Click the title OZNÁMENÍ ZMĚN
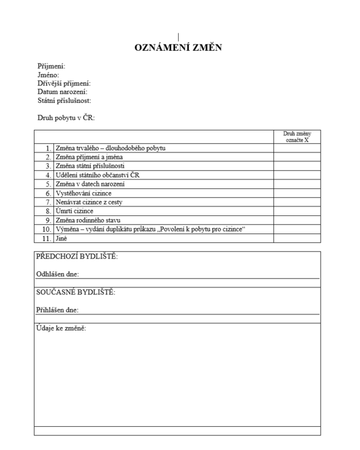pos(179,48)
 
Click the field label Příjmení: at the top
pos(51,66)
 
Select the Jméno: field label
pos(49,75)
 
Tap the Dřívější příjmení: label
pos(64,84)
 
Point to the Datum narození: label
pos(62,92)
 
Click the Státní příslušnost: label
pos(64,100)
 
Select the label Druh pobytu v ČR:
pos(66,118)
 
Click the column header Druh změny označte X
pos(296,136)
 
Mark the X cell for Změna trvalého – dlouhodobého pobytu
pos(296,148)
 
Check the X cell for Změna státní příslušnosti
pos(296,166)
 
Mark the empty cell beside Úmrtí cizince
pos(296,211)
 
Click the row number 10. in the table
pos(46,229)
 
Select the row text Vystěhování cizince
pos(82,193)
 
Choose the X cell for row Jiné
pos(296,238)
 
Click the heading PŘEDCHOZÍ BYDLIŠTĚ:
pos(77,257)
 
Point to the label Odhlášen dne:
pos(58,274)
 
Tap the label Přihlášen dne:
pos(58,310)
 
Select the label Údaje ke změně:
pos(62,329)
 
